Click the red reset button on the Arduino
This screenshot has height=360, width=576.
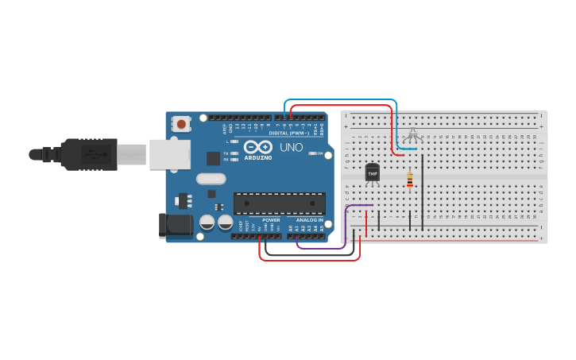coord(182,123)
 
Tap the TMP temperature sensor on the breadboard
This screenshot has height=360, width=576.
coord(372,172)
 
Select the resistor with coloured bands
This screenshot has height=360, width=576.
coord(409,180)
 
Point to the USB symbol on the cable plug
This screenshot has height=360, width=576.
coord(95,153)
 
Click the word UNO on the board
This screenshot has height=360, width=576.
coord(286,147)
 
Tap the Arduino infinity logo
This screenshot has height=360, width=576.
coord(258,147)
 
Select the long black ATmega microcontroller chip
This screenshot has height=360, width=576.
coord(279,203)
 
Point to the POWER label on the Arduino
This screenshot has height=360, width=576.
coord(271,220)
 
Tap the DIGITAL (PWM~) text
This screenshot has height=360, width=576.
coord(289,133)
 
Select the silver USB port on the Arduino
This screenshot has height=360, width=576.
coord(168,153)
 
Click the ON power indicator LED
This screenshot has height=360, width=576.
coord(313,153)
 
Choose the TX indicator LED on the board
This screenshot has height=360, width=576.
coord(234,153)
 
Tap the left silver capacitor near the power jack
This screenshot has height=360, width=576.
coord(207,223)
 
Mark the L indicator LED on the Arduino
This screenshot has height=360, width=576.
coord(234,141)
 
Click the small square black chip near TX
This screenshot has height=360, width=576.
coord(213,158)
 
